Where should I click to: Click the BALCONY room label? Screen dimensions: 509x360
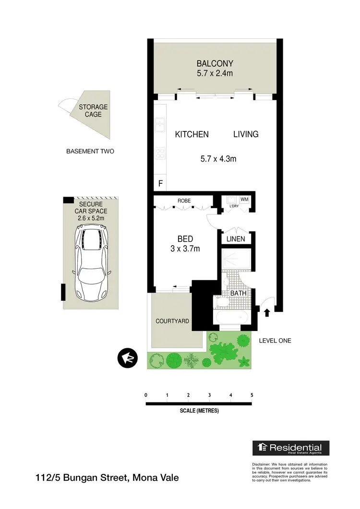(x=215, y=63)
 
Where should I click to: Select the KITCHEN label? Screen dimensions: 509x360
(x=192, y=134)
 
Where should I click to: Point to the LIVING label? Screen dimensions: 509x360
(x=246, y=134)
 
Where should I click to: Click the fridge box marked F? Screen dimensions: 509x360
(x=160, y=184)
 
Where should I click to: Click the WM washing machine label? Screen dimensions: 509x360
(x=244, y=199)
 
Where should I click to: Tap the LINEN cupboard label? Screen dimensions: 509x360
(x=235, y=239)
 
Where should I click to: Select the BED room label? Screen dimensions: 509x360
(x=185, y=239)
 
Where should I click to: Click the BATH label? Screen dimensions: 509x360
(x=238, y=293)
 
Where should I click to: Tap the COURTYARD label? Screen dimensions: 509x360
(x=172, y=321)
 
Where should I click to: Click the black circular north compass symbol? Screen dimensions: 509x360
(x=127, y=358)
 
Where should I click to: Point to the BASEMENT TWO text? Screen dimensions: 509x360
(x=90, y=151)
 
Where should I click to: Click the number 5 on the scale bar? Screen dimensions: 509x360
(x=252, y=395)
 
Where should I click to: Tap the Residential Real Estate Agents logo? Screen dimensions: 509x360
(x=291, y=448)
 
